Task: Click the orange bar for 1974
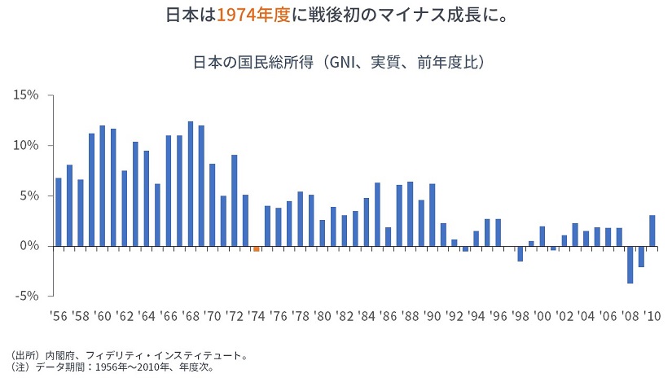pyautogui.click(x=256, y=248)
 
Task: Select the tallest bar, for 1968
pyautogui.click(x=190, y=183)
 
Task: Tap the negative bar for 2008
pyautogui.click(x=630, y=264)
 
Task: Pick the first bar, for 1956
pyautogui.click(x=58, y=212)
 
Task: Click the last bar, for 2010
pyautogui.click(x=652, y=231)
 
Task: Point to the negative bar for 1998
pyautogui.click(x=520, y=253)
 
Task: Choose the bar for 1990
pyautogui.click(x=432, y=215)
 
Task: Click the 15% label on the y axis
pyautogui.click(x=26, y=95)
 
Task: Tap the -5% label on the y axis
pyautogui.click(x=26, y=297)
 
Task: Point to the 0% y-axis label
pyautogui.click(x=29, y=246)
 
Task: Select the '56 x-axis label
pyautogui.click(x=58, y=314)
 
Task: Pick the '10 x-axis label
pyautogui.click(x=652, y=314)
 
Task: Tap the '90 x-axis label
pyautogui.click(x=432, y=314)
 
